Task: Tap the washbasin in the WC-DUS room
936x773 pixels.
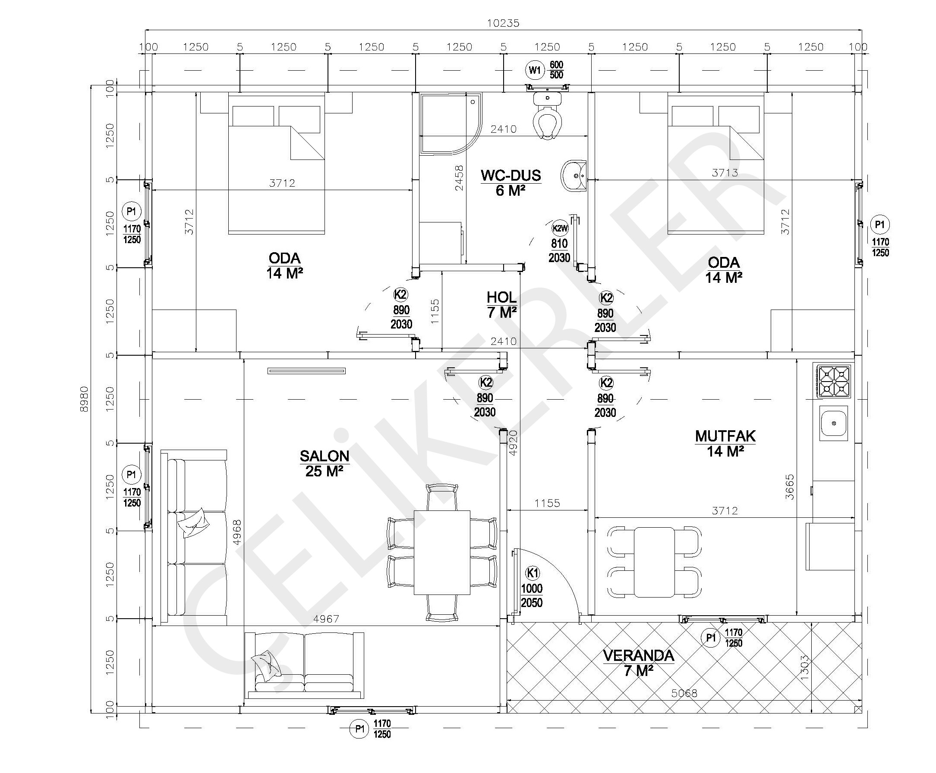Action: pos(574,176)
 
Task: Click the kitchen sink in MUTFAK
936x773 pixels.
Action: pos(833,423)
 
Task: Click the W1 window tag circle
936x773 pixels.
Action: pos(534,70)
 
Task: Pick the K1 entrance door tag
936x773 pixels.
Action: pos(533,573)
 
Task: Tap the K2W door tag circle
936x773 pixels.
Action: pos(560,228)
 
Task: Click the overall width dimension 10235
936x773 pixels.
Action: pos(503,23)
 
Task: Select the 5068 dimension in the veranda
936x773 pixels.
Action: pos(684,693)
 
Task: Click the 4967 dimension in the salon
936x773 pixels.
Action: pos(326,619)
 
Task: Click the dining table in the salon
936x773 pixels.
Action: pos(442,552)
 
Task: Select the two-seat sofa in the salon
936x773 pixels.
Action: pos(304,665)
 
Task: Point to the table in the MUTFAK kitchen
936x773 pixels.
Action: pos(654,562)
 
